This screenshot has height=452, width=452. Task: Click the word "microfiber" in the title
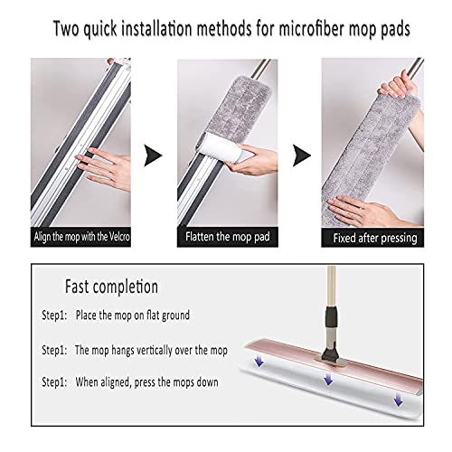pos(312,29)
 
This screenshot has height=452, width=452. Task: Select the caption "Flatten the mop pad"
pos(226,238)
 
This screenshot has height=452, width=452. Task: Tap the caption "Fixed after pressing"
pos(373,238)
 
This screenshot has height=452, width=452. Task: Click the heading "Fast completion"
pos(111,287)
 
